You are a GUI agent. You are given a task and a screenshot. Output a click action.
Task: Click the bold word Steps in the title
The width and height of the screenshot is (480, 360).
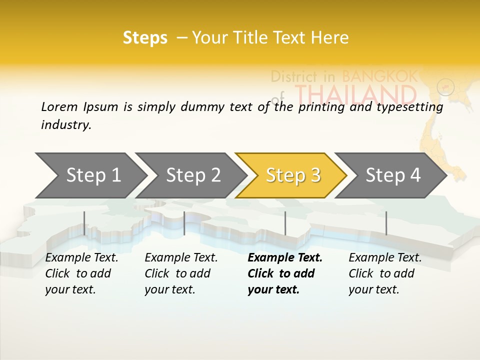[145, 38]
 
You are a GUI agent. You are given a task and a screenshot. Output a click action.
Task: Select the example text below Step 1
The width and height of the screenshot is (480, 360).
[81, 273]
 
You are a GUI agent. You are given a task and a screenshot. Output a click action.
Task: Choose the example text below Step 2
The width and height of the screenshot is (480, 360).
[180, 273]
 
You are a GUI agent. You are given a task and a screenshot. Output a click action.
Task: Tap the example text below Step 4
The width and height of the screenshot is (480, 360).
[384, 273]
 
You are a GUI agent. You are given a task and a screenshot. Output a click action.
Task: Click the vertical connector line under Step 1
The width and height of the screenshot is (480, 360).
[84, 223]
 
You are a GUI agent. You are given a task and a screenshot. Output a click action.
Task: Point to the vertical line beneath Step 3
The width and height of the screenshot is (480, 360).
[285, 223]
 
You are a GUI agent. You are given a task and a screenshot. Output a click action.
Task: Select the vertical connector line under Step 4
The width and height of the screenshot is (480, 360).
[386, 223]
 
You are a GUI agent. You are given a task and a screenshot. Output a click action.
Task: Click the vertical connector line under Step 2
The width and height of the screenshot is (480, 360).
[184, 223]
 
